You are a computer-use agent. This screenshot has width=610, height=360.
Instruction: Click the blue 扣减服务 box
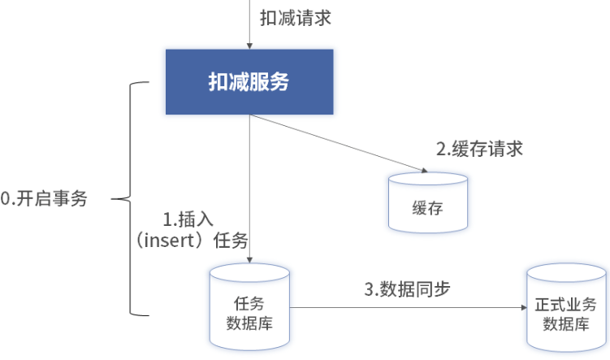(x=249, y=82)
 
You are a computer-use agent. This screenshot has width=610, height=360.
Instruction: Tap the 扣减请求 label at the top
(x=295, y=18)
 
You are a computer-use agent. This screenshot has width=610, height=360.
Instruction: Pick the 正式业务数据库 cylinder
(x=566, y=310)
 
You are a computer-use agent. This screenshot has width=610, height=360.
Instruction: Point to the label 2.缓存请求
(x=479, y=149)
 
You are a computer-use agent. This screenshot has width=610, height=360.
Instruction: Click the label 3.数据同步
(x=406, y=288)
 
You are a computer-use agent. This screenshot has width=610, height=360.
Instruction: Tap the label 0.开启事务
(x=44, y=198)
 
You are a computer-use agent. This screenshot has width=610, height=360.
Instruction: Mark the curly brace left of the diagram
(x=130, y=197)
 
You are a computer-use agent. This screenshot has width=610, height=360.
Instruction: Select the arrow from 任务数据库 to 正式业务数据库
(x=406, y=308)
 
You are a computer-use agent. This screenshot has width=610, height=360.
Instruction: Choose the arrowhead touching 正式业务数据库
(x=521, y=308)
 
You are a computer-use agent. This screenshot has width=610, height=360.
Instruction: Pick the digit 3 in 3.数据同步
(x=368, y=289)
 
